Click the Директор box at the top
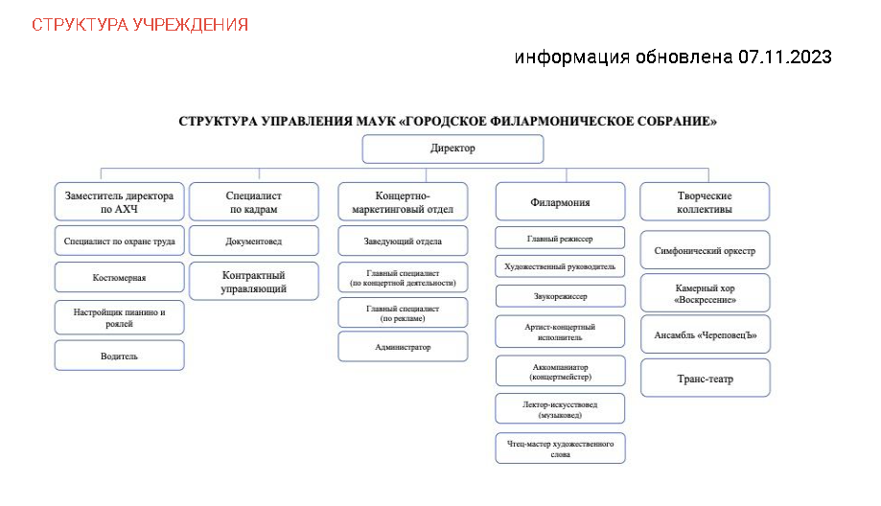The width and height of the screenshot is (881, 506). pyautogui.click(x=452, y=149)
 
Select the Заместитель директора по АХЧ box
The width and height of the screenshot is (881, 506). pyautogui.click(x=120, y=202)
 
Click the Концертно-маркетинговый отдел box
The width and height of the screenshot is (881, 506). pyautogui.click(x=403, y=202)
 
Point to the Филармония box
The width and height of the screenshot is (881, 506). pyautogui.click(x=560, y=202)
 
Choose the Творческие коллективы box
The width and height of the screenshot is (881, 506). pyautogui.click(x=705, y=202)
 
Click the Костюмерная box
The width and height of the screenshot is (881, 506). pyautogui.click(x=120, y=278)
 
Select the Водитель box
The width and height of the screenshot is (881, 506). pyautogui.click(x=120, y=356)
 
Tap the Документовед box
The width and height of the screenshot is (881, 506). pyautogui.click(x=254, y=241)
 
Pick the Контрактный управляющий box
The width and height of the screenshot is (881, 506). pyautogui.click(x=254, y=282)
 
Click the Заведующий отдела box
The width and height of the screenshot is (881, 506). pyautogui.click(x=403, y=241)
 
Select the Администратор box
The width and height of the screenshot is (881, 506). pyautogui.click(x=403, y=347)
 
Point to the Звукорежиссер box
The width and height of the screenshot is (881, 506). pyautogui.click(x=560, y=296)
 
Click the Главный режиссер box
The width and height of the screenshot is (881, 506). pyautogui.click(x=560, y=237)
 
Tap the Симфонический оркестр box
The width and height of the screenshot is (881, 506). pyautogui.click(x=705, y=251)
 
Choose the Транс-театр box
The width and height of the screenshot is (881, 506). pyautogui.click(x=705, y=379)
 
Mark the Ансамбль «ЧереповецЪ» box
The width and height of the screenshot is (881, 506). pyautogui.click(x=705, y=334)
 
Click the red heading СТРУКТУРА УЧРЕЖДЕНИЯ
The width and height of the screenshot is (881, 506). pyautogui.click(x=140, y=24)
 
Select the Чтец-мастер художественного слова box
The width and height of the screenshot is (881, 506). pyautogui.click(x=560, y=448)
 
